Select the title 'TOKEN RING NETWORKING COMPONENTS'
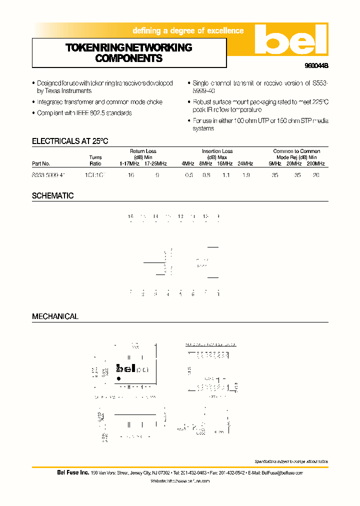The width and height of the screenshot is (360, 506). [x=129, y=53]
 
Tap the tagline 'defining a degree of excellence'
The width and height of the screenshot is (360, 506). [x=188, y=31]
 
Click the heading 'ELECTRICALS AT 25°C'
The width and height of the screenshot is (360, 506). [x=70, y=141]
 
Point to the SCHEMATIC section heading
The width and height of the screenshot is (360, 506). [x=53, y=196]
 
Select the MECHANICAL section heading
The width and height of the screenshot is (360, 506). [x=55, y=316]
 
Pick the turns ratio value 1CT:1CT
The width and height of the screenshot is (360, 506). [x=96, y=175]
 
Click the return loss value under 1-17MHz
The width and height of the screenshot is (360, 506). [x=131, y=175]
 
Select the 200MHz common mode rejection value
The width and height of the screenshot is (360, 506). [x=316, y=175]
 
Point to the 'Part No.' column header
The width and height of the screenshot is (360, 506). [x=41, y=163]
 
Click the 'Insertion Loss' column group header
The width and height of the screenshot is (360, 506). [x=217, y=151]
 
